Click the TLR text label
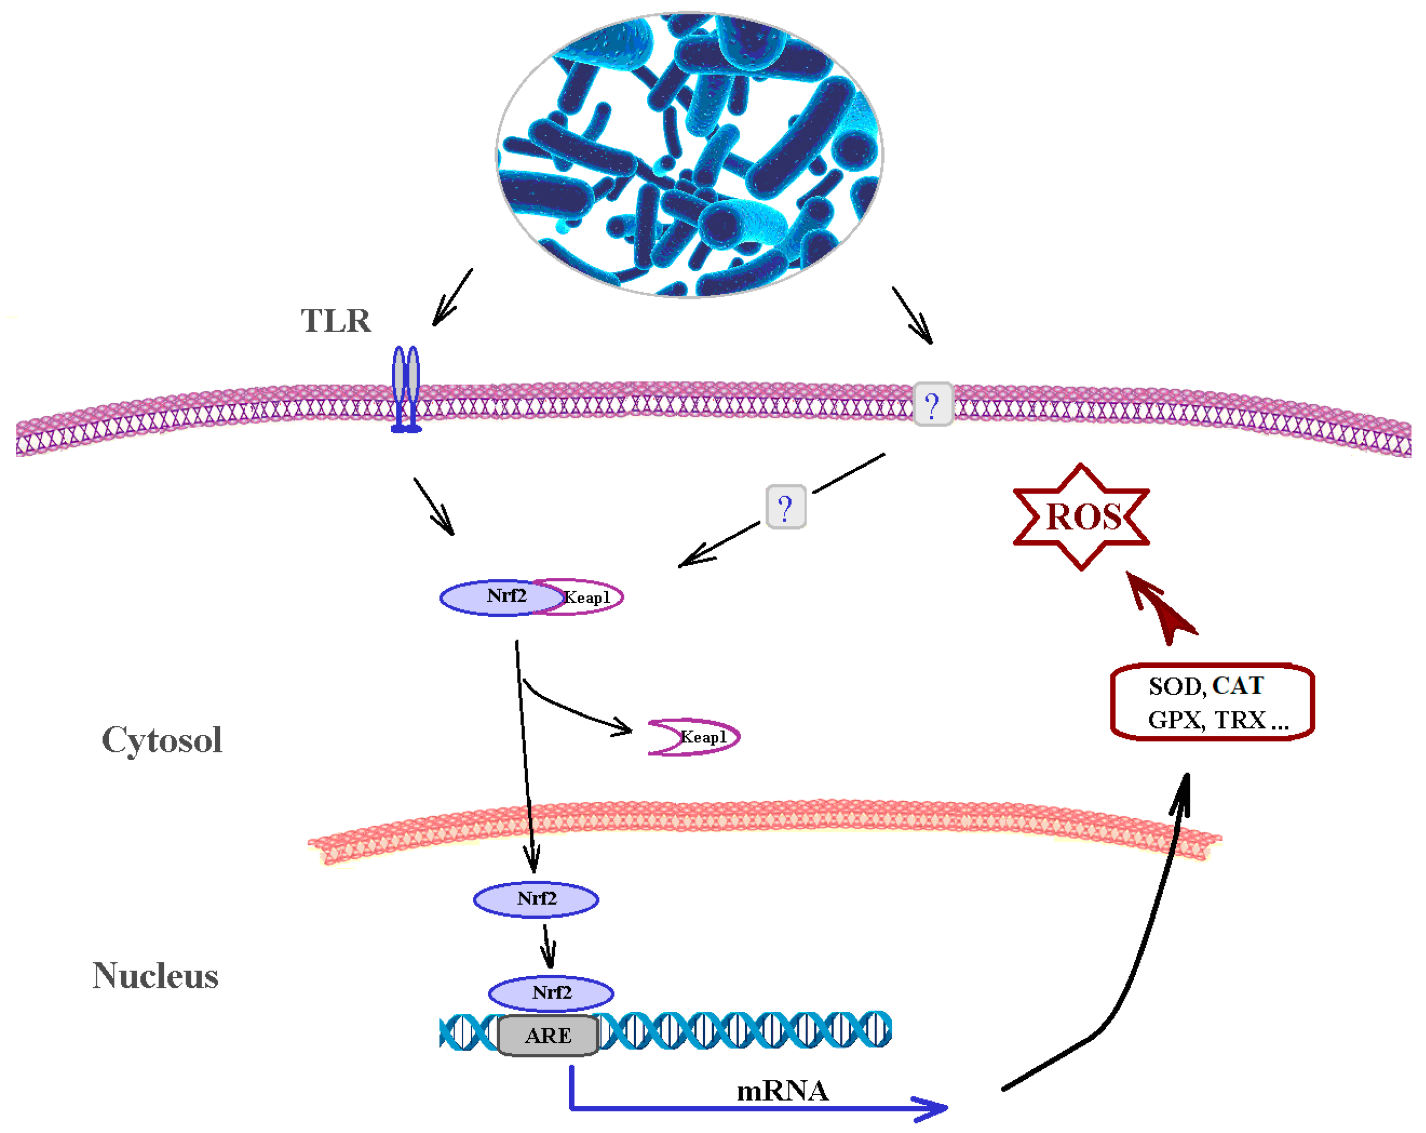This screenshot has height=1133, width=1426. pyautogui.click(x=336, y=321)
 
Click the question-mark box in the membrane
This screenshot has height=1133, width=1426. pyautogui.click(x=932, y=404)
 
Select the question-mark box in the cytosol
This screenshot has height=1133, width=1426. pyautogui.click(x=785, y=507)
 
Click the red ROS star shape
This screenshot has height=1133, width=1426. pyautogui.click(x=1081, y=517)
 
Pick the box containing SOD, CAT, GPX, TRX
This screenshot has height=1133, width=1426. pyautogui.click(x=1212, y=702)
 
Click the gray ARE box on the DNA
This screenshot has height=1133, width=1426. pyautogui.click(x=548, y=1035)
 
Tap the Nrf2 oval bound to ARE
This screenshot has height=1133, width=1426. pyautogui.click(x=551, y=992)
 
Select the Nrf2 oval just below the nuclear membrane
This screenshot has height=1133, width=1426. pyautogui.click(x=536, y=899)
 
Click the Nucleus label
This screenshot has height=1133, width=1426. pyautogui.click(x=155, y=976)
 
